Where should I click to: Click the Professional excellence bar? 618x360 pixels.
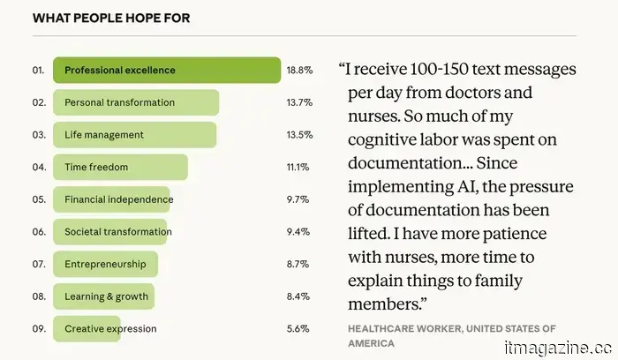click(167, 70)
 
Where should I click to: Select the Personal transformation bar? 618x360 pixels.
click(136, 102)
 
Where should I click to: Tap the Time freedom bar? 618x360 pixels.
click(120, 167)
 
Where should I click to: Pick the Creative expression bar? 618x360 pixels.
click(110, 329)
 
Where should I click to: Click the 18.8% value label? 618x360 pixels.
click(298, 70)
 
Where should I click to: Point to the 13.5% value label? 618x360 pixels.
click(298, 135)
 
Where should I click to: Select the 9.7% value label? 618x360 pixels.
click(298, 199)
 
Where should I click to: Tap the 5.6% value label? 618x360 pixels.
click(298, 329)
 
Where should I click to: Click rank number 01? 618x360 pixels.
click(38, 70)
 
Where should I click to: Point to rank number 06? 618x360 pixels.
click(38, 232)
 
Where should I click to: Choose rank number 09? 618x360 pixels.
click(38, 329)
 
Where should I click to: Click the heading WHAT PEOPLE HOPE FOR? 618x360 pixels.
click(98, 18)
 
